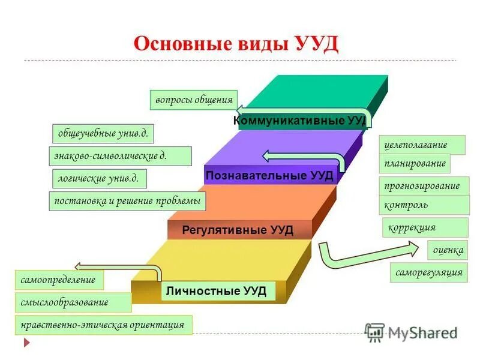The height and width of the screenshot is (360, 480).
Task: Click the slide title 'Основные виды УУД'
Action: click(x=236, y=44)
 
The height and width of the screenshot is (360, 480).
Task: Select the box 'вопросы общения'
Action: click(x=193, y=100)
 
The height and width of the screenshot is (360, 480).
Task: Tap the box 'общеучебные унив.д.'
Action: click(x=103, y=133)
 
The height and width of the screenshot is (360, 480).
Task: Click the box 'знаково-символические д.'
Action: click(x=119, y=156)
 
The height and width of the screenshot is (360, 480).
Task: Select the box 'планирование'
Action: click(x=415, y=164)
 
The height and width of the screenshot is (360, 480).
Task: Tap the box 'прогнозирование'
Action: click(x=424, y=186)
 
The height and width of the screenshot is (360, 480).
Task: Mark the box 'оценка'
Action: click(x=448, y=250)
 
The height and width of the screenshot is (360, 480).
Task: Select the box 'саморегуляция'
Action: click(x=429, y=272)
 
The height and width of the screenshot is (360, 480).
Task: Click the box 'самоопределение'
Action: click(x=58, y=280)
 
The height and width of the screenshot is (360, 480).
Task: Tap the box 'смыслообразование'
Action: click(x=73, y=302)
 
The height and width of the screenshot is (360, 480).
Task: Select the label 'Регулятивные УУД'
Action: click(x=238, y=230)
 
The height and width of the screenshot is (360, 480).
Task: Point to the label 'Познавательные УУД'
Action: click(x=269, y=175)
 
